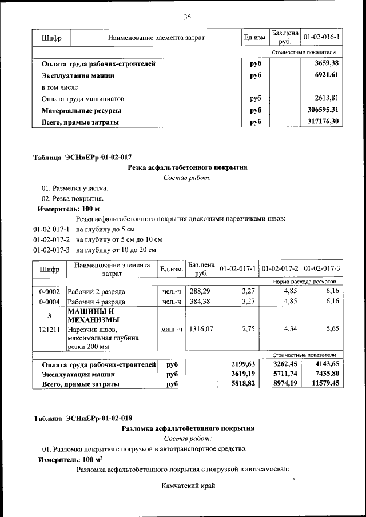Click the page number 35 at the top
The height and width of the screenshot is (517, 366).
(x=187, y=16)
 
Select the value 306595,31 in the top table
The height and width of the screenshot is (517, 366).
(x=321, y=110)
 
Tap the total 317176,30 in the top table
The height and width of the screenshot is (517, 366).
(x=321, y=122)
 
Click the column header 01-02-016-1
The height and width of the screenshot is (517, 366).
(x=321, y=38)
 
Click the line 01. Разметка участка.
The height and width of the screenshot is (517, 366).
(x=74, y=188)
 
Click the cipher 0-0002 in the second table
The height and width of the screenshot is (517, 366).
(x=50, y=291)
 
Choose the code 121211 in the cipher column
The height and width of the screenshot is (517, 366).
(x=50, y=330)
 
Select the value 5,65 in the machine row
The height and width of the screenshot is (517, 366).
(x=332, y=330)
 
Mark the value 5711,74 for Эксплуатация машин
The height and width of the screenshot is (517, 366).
(x=283, y=374)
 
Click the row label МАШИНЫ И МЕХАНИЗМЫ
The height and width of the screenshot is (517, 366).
(x=93, y=315)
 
